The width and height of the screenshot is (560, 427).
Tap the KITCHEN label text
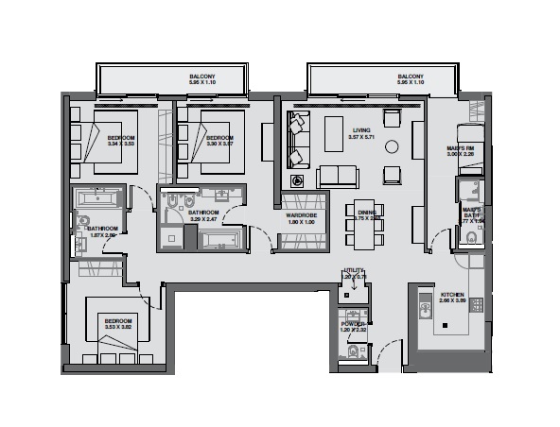pos(455,295)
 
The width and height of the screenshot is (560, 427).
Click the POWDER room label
pos(353,324)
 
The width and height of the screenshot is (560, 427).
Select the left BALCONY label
pos(201,77)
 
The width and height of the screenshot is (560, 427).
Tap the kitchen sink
pos(425,305)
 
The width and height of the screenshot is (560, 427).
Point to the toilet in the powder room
pos(353,353)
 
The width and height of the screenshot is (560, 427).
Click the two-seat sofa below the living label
pos(338,176)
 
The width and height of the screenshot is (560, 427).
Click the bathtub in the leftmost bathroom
pos(97,200)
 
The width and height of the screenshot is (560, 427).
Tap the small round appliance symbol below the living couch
pos(299,180)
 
